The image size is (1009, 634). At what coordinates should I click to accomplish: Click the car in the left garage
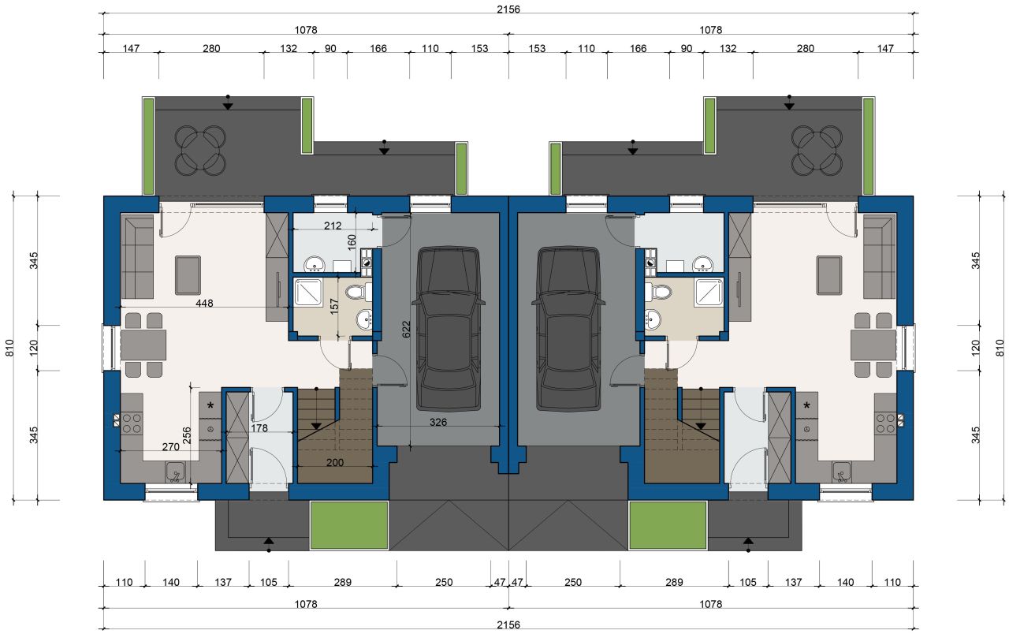tap(449, 329)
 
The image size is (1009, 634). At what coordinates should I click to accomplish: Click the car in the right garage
tap(568, 329)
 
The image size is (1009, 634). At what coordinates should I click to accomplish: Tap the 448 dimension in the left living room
tap(204, 304)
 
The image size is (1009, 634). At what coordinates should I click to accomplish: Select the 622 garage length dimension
tap(406, 329)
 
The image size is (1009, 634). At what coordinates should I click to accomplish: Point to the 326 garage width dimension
tap(438, 422)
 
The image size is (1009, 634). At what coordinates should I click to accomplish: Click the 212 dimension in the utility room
tap(333, 226)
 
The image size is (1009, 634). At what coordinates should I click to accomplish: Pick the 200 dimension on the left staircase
tap(335, 462)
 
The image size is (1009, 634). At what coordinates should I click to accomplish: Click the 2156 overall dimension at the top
tap(508, 9)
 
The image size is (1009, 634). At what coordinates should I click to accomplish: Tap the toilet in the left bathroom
tap(359, 293)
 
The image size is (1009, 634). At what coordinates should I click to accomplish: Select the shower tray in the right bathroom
tap(709, 293)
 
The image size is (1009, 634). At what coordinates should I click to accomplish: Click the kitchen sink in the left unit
tap(175, 472)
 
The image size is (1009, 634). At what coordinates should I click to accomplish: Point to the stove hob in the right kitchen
tap(885, 423)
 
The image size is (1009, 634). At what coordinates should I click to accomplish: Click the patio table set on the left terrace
tap(200, 150)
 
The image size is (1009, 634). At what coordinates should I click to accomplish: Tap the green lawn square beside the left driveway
tap(349, 525)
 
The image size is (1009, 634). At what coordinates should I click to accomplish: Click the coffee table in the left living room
tap(188, 275)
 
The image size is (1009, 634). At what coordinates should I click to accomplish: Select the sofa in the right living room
tap(880, 257)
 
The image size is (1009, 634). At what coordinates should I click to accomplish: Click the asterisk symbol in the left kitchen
tap(210, 406)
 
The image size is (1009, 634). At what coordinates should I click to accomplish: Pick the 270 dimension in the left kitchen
tap(171, 446)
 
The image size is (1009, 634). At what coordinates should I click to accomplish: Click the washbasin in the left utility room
tap(314, 264)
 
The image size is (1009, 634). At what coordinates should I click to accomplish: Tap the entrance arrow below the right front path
tap(748, 544)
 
